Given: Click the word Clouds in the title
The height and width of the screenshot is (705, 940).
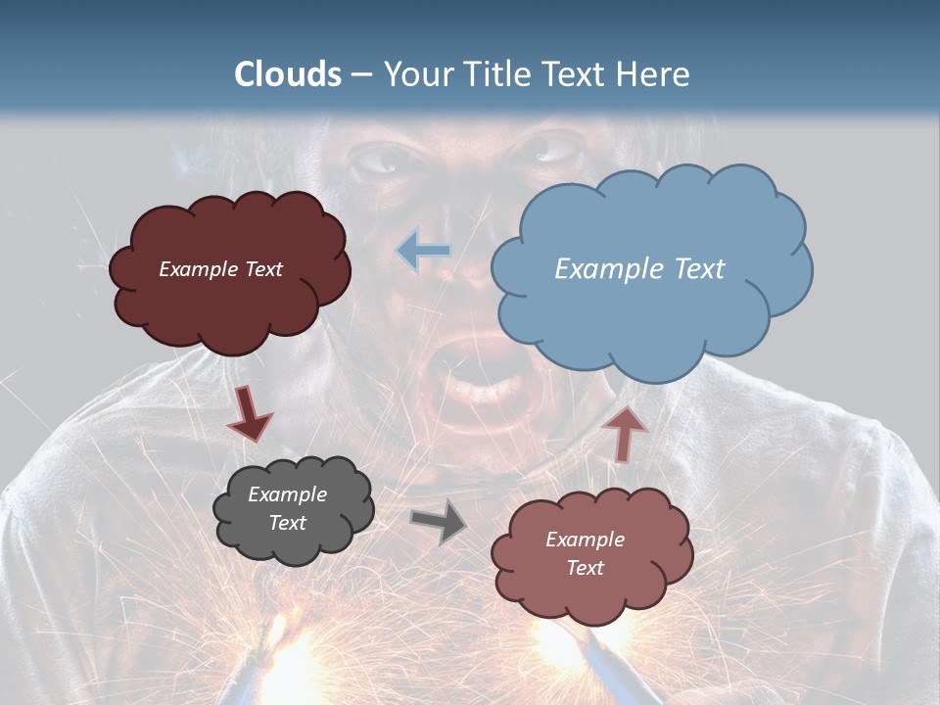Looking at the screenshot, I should [288, 74].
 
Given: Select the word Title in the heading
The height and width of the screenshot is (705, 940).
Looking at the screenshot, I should [493, 74].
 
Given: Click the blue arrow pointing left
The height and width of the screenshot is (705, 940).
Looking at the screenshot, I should [424, 252].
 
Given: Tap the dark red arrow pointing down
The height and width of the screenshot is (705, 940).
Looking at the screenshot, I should [249, 412].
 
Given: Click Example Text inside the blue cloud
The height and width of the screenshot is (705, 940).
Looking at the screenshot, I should [639, 268].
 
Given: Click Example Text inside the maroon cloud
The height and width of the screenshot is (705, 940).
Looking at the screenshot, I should [220, 268].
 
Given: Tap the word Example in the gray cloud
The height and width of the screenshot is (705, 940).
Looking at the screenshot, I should [287, 494].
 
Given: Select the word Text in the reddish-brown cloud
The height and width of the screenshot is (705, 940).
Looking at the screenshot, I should [585, 568].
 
